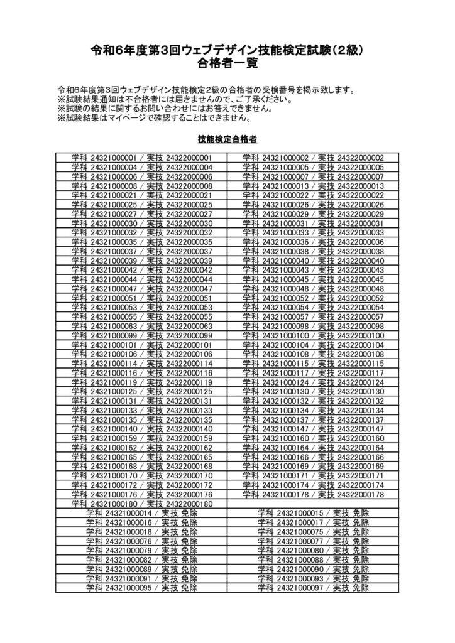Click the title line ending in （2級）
tap(227, 50)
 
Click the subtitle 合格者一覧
tap(227, 63)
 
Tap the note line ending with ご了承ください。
tap(174, 99)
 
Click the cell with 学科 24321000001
tap(141, 158)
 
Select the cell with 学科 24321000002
tap(313, 158)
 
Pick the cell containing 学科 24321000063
tap(141, 327)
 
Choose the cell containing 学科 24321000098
tap(313, 327)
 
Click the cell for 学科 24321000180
tap(141, 504)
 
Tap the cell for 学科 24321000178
tap(313, 495)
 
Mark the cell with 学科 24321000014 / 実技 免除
tap(141, 513)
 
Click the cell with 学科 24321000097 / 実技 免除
tap(313, 588)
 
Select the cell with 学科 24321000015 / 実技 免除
tap(313, 513)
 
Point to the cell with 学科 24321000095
tap(141, 588)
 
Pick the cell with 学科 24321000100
tap(313, 336)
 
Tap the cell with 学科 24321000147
tap(313, 429)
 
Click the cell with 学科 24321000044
tap(141, 279)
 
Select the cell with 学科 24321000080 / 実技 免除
tap(313, 551)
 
